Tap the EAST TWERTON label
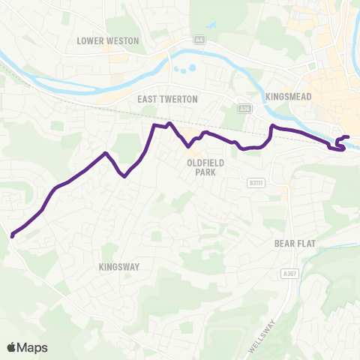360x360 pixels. [167, 98]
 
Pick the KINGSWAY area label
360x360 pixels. [119, 265]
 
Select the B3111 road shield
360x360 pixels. [256, 182]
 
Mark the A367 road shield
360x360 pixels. [291, 274]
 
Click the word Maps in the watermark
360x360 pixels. [34, 347]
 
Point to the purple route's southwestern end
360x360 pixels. [13, 236]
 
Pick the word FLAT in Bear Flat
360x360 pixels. [303, 243]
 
